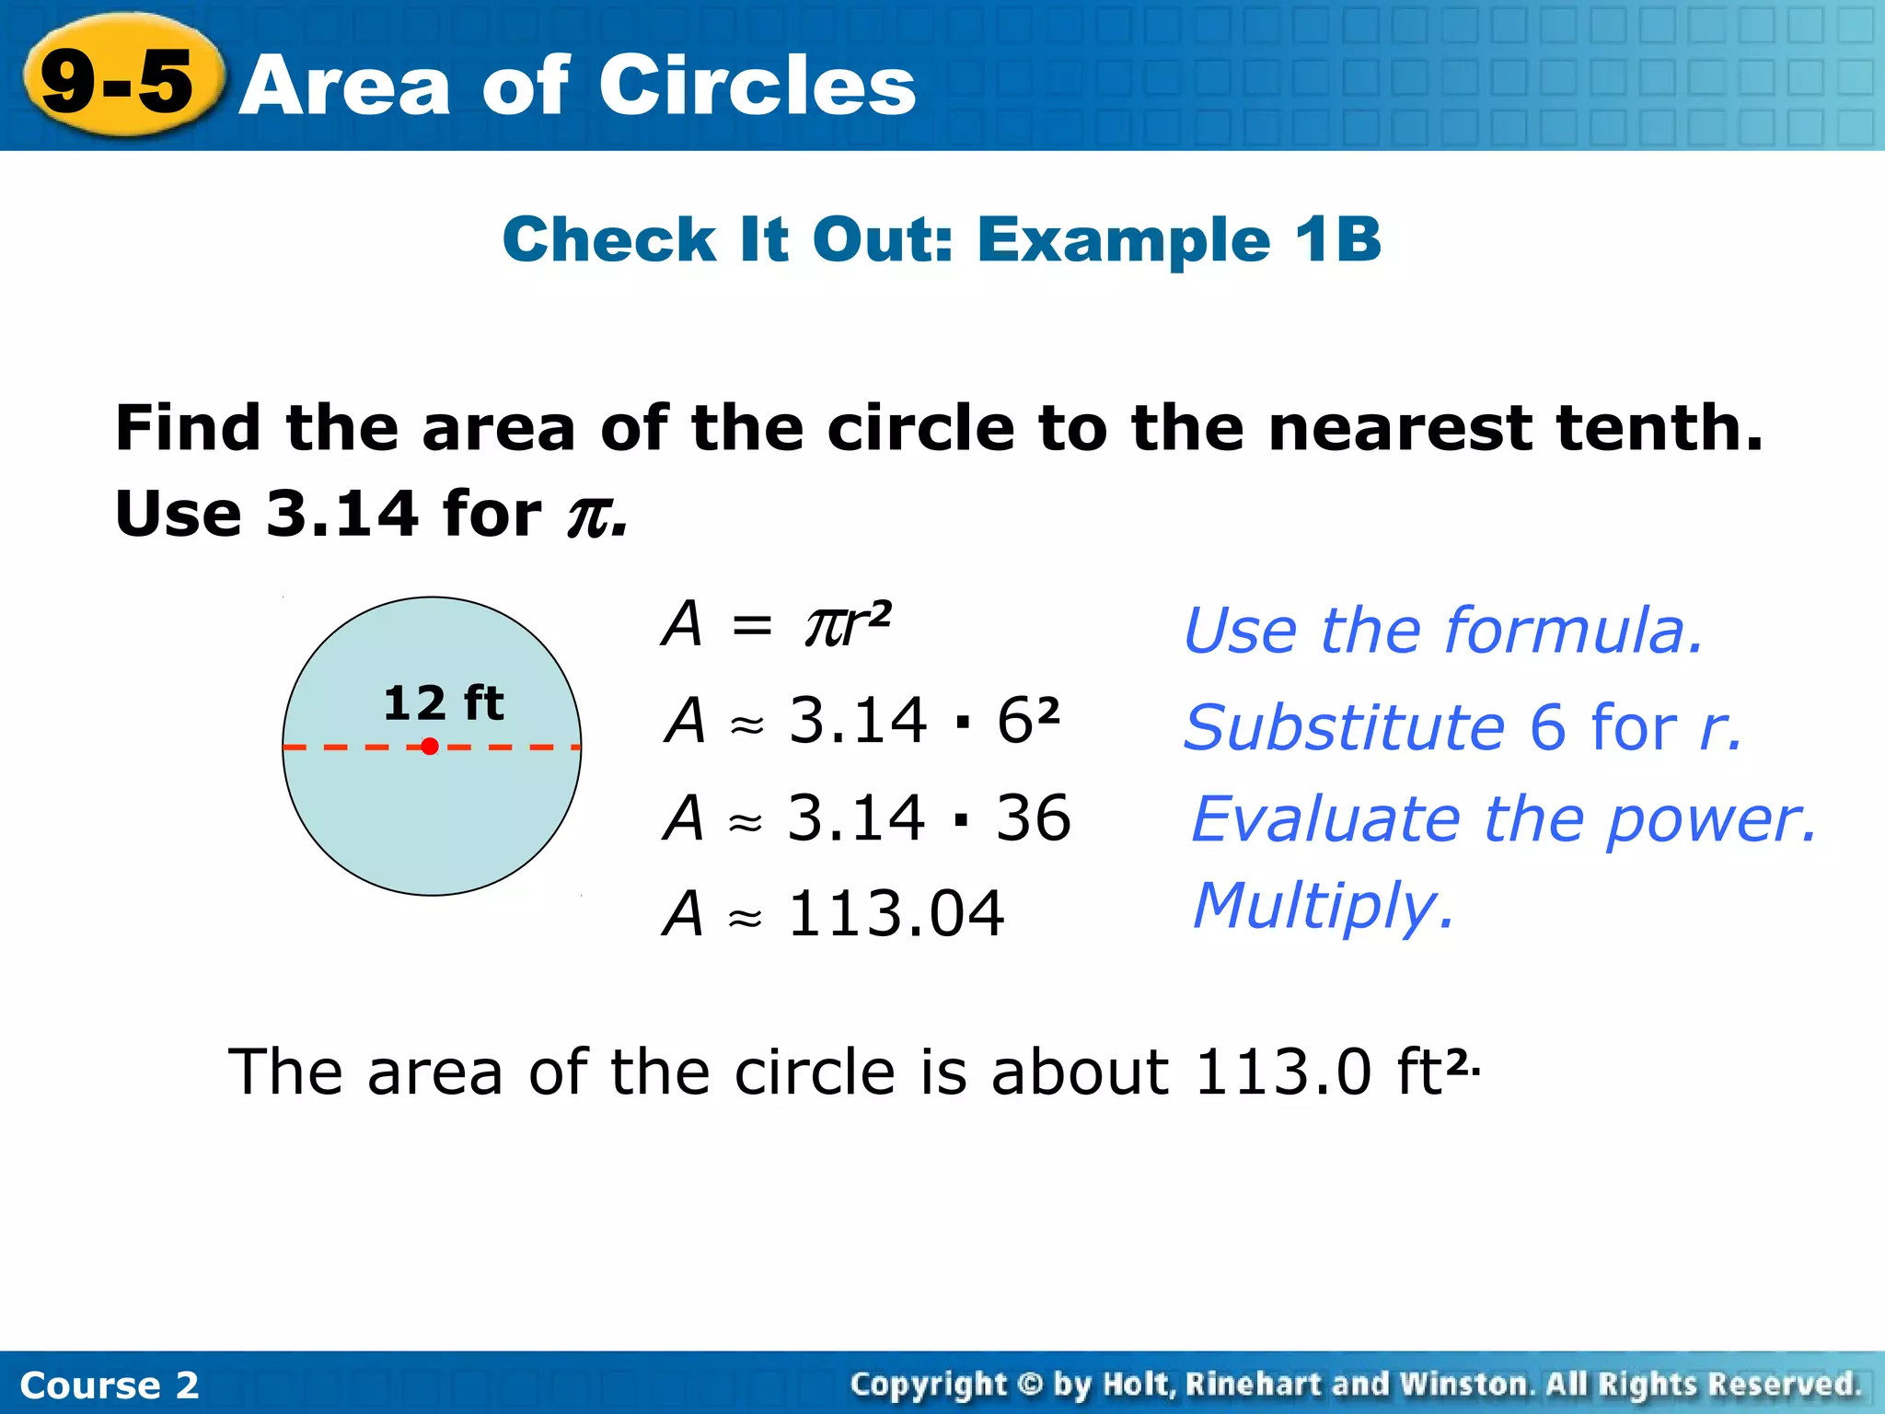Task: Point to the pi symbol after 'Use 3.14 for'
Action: point(590,516)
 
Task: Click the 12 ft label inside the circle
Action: point(443,703)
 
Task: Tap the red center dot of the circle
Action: point(430,747)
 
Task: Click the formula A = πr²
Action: point(776,624)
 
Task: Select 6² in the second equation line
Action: point(1027,720)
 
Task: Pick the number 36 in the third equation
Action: point(1033,817)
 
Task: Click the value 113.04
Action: point(896,914)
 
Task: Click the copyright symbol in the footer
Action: point(1030,1384)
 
